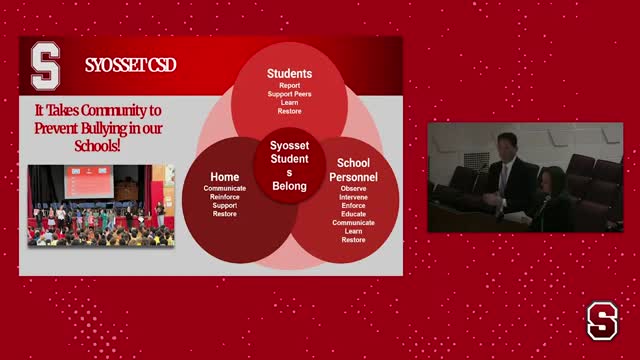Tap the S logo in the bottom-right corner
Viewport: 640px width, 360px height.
(602, 321)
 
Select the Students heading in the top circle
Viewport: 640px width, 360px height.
(289, 74)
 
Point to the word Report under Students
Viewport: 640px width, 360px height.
(289, 86)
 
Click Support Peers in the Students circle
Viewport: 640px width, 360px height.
(289, 94)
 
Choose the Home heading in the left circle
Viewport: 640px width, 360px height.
(225, 177)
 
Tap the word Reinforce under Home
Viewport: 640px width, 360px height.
(225, 197)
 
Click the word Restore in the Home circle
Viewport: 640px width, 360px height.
(225, 214)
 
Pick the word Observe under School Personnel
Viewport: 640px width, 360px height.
(353, 188)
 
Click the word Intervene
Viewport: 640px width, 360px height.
(353, 197)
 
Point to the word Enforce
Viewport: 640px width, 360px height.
(353, 205)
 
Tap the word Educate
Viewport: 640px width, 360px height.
(353, 214)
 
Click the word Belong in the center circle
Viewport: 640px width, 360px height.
(289, 186)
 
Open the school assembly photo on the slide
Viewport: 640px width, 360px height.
(101, 205)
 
